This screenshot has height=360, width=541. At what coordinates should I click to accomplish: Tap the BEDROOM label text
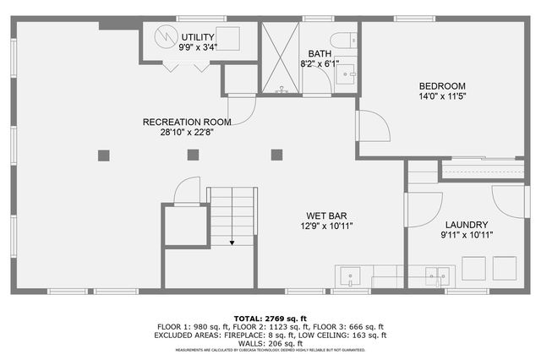click(442, 85)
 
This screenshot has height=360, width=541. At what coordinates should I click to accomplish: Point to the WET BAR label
click(325, 215)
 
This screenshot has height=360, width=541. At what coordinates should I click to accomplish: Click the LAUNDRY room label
click(466, 223)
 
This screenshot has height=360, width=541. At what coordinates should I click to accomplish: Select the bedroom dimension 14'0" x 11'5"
click(442, 96)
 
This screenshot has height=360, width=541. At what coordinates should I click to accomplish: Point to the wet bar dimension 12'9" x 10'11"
click(325, 226)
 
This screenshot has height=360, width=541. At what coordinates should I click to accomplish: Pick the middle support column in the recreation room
click(193, 155)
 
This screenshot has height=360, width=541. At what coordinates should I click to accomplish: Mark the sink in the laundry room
click(438, 275)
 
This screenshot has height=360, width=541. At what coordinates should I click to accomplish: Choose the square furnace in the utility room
click(227, 40)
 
